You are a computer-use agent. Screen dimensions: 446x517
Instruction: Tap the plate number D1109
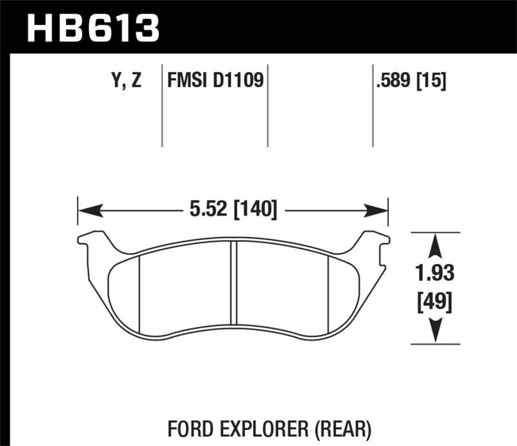click(x=242, y=81)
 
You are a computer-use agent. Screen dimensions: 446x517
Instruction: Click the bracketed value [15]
click(x=432, y=81)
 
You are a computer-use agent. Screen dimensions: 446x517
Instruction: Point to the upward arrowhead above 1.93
click(x=436, y=246)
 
